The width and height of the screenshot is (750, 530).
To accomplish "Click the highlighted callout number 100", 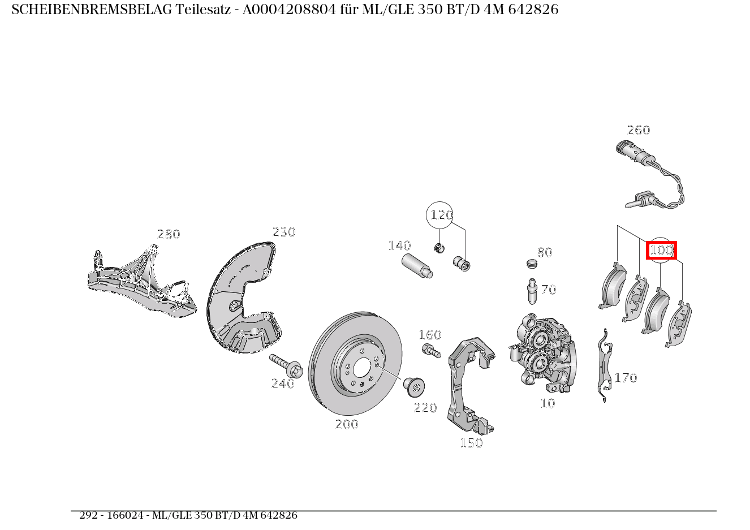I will (661, 249).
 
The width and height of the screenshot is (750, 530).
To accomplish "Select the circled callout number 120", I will (441, 215).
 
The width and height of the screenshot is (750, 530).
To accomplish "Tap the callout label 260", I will (638, 130).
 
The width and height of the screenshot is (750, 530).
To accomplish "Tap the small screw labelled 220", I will (414, 386).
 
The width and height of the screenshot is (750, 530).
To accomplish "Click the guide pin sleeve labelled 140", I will (417, 266).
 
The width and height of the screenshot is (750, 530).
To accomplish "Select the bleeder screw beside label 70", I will (532, 292).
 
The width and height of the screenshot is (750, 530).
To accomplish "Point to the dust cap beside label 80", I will (531, 263).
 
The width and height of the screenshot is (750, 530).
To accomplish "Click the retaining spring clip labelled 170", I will (605, 365).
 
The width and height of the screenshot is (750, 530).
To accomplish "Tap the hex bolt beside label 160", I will (430, 351).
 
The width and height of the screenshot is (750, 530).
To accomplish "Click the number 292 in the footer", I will (88, 515).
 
